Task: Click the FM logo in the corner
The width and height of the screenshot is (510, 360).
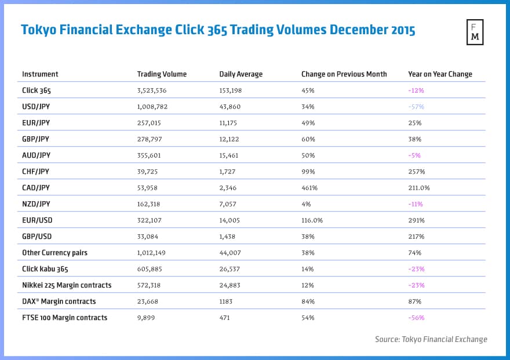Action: coord(475,32)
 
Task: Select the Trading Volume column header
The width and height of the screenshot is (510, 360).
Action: coord(162,74)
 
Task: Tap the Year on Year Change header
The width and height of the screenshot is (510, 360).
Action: coord(440,74)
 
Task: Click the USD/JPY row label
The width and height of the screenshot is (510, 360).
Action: coord(37,107)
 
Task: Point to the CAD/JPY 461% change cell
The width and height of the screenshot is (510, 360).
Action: coord(309,188)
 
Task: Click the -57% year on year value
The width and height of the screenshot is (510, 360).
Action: coord(416,107)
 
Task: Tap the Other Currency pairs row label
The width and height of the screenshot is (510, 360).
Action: coord(56,253)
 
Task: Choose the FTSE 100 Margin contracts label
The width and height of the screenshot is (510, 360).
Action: coord(64,318)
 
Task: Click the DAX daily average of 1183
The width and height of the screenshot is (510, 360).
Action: coord(227,301)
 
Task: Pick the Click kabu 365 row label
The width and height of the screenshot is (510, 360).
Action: coord(47,269)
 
